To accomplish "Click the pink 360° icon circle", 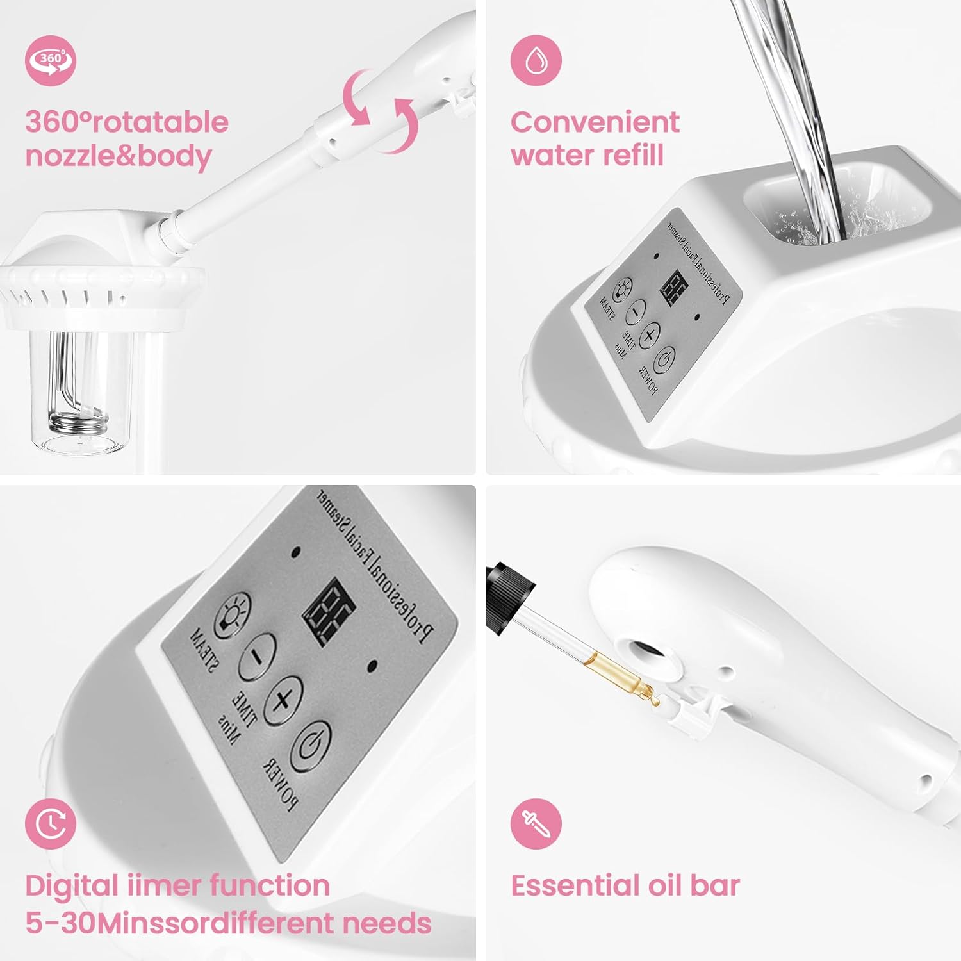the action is (51, 61).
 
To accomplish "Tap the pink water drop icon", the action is (536, 61).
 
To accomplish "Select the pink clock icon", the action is (51, 823).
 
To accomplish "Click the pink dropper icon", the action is (536, 823).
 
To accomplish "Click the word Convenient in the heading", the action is (595, 122).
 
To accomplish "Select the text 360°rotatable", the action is (127, 122).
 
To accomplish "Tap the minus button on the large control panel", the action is (257, 656).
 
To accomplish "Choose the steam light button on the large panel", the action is (231, 614).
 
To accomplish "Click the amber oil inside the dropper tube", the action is (625, 674).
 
